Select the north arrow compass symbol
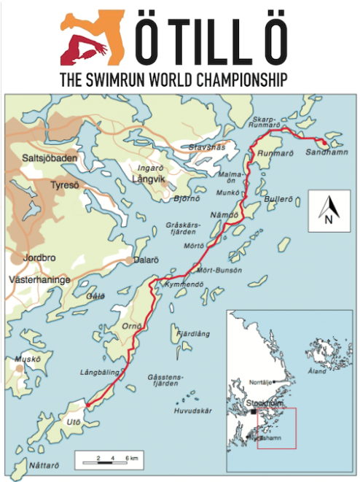328,211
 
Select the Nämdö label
228,217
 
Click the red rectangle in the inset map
276,427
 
